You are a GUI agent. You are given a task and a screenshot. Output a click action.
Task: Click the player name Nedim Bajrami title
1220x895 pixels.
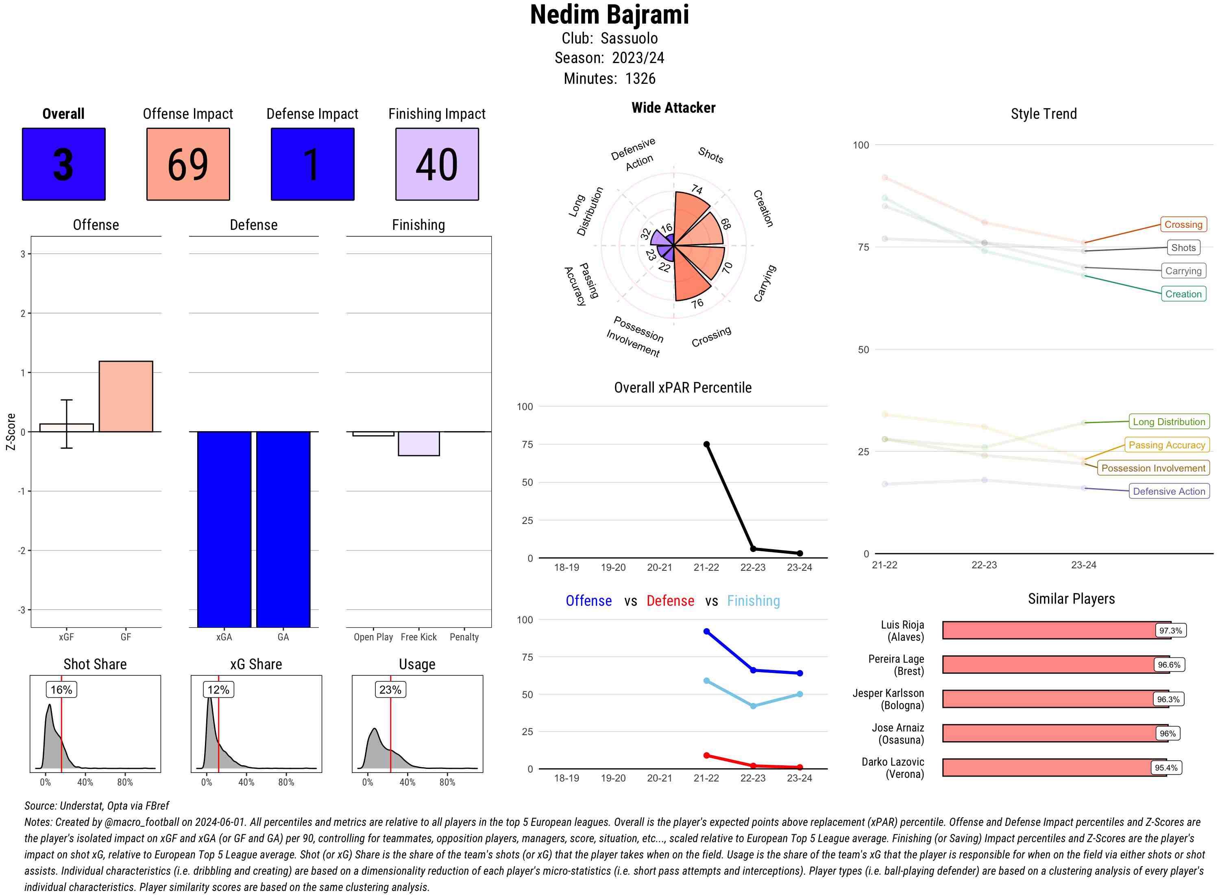[x=609, y=15]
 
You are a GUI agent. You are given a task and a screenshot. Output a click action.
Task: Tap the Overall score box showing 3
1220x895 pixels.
[x=63, y=164]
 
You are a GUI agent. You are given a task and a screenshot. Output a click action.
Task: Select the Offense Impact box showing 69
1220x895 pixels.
[x=188, y=164]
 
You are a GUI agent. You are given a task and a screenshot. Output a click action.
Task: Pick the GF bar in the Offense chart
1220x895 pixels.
[x=126, y=397]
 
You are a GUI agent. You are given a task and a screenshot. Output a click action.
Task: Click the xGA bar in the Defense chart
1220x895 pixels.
[x=224, y=529]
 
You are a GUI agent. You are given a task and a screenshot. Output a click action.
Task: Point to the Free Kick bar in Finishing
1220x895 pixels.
[x=418, y=444]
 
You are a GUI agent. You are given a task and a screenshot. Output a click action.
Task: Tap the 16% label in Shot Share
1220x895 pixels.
[x=61, y=690]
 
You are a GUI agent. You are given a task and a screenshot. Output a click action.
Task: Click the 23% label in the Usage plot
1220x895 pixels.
[x=390, y=690]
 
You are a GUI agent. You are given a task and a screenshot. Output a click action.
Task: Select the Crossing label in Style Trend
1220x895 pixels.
[x=1183, y=224]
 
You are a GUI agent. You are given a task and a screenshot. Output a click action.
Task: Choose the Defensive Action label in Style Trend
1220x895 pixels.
[x=1169, y=491]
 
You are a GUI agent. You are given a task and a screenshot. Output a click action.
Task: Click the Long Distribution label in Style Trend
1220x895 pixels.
[x=1169, y=421]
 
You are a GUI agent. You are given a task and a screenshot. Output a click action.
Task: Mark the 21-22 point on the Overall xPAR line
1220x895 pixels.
[x=706, y=444]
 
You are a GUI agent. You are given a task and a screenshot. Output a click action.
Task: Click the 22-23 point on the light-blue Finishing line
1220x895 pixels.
[x=753, y=706]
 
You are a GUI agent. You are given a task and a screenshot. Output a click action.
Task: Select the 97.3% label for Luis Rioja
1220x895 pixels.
[x=1170, y=631]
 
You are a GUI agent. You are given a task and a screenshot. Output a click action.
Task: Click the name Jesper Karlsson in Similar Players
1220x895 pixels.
[x=888, y=694]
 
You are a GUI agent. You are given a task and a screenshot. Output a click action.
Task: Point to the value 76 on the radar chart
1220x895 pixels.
[x=697, y=303]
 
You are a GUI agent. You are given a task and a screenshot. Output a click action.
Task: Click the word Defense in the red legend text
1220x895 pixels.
[x=670, y=601]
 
